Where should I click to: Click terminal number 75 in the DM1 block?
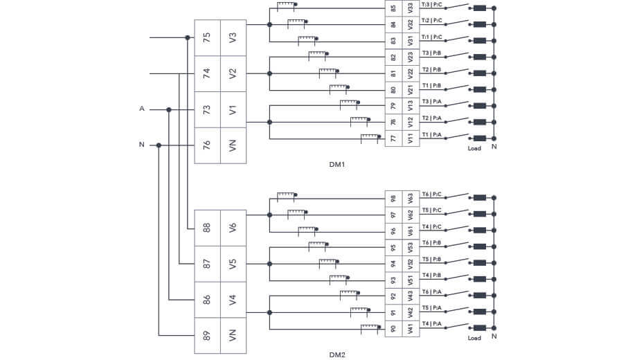[207, 37]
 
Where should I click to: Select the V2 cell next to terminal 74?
[233, 73]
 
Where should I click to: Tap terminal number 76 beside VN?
[207, 145]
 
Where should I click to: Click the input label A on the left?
[142, 109]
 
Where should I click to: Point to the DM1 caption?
[337, 165]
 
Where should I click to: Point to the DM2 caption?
[337, 354]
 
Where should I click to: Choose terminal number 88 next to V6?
[207, 228]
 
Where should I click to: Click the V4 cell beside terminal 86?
[233, 300]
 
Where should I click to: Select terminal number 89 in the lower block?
[207, 336]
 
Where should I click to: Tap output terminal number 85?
[394, 9]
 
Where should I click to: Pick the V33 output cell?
[411, 9]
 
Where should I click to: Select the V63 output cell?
[411, 199]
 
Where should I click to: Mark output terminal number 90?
[394, 329]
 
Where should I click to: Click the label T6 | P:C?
[431, 195]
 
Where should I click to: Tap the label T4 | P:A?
[431, 324]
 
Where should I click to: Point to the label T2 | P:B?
[431, 69]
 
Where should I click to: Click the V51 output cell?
[411, 280]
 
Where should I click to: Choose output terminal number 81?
[394, 73]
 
